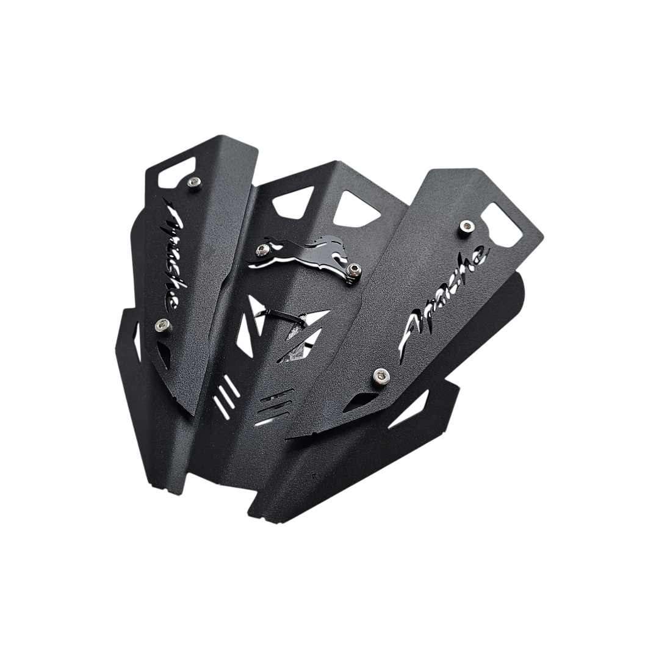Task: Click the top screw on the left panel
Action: click(193, 182)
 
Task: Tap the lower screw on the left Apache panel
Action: click(163, 323)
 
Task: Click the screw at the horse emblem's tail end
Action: click(264, 250)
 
